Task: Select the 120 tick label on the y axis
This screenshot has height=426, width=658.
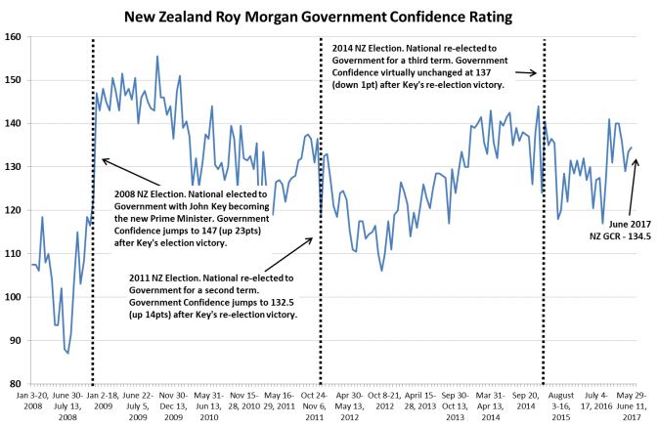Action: click(12, 210)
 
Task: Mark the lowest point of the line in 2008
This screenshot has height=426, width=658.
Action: click(67, 353)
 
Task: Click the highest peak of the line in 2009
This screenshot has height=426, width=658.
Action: click(157, 57)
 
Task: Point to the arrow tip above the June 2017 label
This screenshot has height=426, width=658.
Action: click(636, 160)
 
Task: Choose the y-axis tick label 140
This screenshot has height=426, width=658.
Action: click(12, 123)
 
